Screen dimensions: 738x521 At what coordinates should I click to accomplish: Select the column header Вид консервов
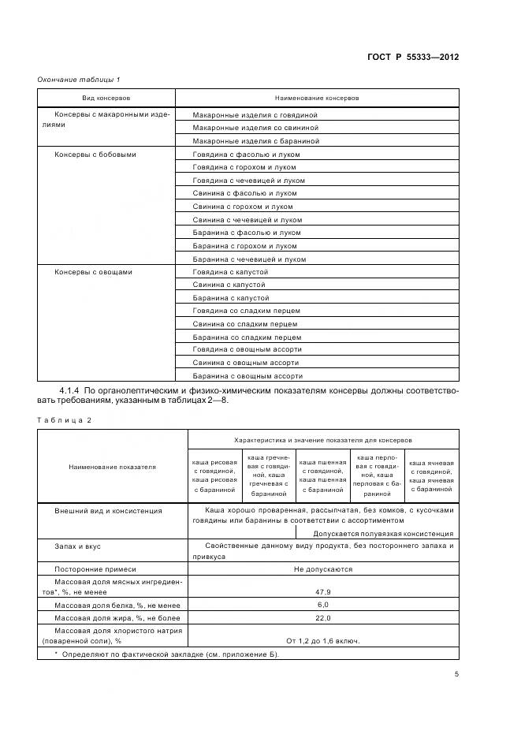[106, 98]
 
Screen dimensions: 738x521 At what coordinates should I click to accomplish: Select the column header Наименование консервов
[316, 98]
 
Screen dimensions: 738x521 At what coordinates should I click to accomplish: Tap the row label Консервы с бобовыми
[95, 155]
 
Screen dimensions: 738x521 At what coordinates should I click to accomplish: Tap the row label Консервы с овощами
[93, 272]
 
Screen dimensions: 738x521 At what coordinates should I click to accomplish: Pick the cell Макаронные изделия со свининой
[255, 128]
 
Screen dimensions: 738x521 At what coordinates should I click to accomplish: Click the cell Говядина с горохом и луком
[244, 167]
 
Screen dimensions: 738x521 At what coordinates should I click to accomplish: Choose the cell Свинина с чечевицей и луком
[247, 220]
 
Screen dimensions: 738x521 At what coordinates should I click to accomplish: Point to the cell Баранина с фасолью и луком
[247, 233]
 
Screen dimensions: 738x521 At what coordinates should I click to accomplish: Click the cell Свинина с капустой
[229, 285]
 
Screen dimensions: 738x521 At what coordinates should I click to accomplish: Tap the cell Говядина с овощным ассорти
[247, 349]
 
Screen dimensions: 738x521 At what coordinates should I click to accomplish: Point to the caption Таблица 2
[65, 420]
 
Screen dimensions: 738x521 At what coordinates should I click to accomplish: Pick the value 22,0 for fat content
[323, 618]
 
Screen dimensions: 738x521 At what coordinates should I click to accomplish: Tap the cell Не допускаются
[323, 568]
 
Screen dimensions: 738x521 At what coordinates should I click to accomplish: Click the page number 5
[456, 674]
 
